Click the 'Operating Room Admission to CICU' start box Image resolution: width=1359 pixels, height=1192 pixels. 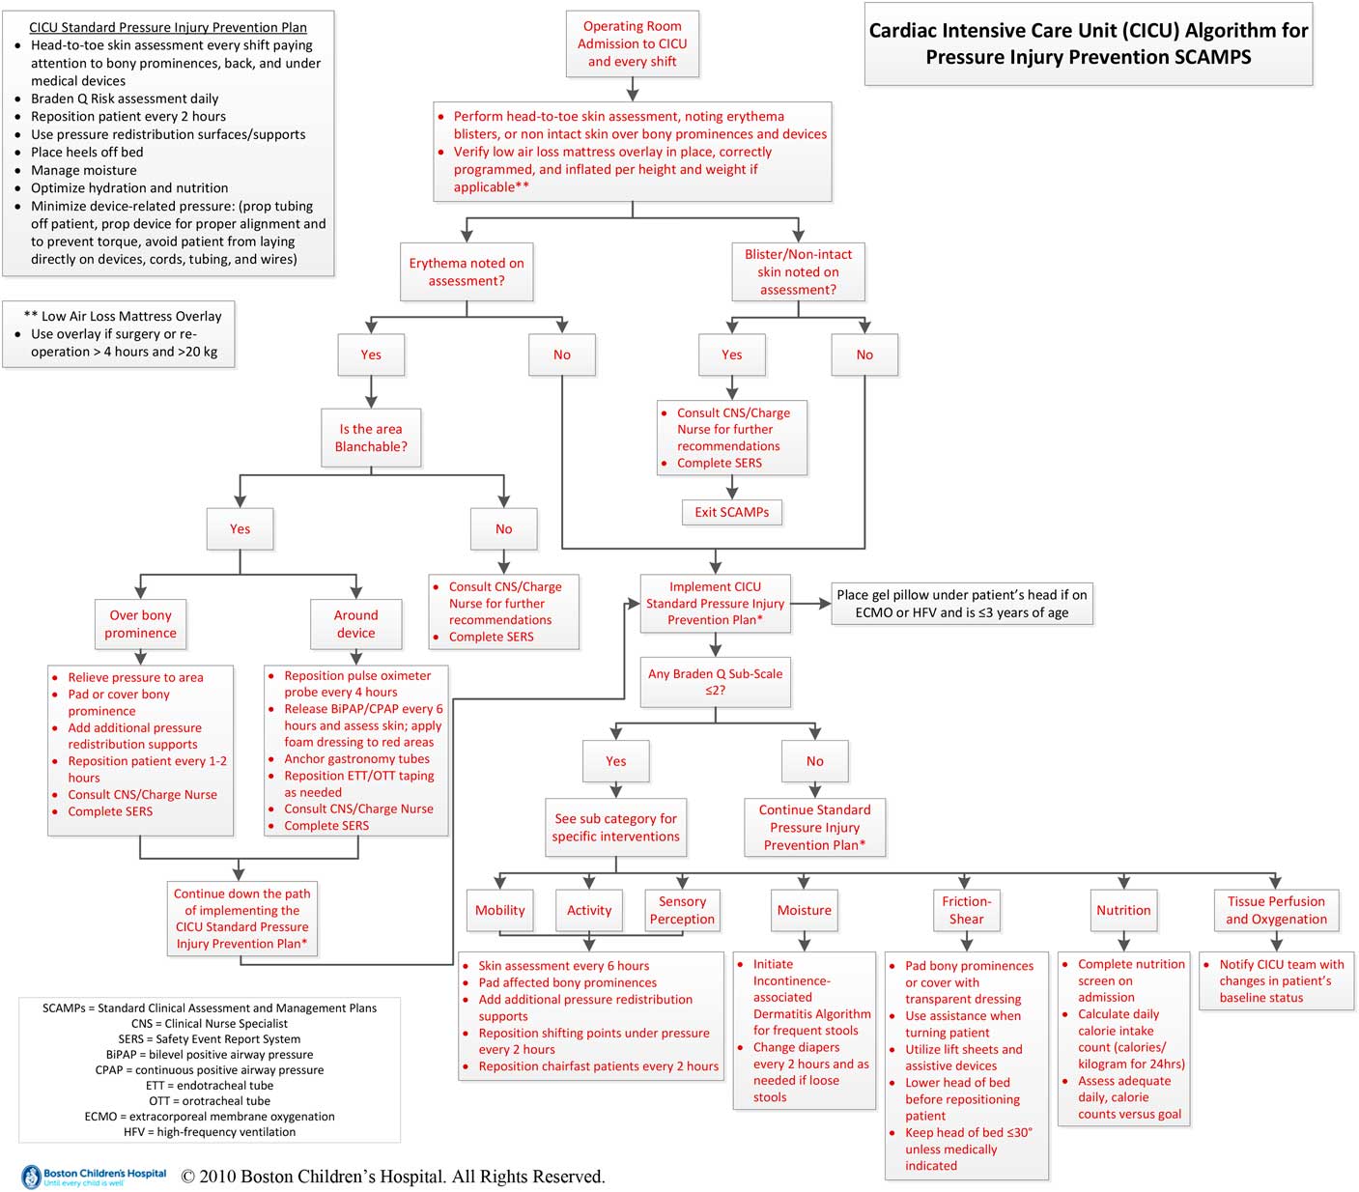[632, 44]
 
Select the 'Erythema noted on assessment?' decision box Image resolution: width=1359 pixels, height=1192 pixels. [467, 272]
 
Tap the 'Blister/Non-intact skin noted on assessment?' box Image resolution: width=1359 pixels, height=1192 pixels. [798, 272]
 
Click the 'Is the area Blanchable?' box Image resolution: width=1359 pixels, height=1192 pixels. [371, 439]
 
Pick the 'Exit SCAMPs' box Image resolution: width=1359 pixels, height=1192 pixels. [731, 512]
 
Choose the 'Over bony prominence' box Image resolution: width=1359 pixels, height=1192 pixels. [141, 624]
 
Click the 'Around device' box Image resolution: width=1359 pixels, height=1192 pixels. [355, 624]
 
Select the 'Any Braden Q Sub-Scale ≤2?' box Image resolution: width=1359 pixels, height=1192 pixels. [715, 682]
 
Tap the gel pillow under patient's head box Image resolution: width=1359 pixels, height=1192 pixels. [961, 604]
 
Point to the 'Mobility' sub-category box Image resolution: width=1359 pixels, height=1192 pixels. [499, 910]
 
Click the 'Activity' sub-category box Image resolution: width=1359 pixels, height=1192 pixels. [589, 910]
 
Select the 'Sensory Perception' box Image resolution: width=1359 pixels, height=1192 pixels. [682, 910]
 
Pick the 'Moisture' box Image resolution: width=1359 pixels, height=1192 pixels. [804, 910]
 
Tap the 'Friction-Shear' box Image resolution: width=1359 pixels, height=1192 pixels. [966, 910]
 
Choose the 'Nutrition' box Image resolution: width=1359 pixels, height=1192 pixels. [1123, 910]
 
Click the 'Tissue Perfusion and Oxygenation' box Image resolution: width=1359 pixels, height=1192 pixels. [1276, 910]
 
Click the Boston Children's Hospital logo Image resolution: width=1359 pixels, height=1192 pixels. [94, 1177]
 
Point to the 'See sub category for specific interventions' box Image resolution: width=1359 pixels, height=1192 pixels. [615, 828]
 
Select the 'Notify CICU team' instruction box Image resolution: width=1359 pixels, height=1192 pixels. [1275, 980]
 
